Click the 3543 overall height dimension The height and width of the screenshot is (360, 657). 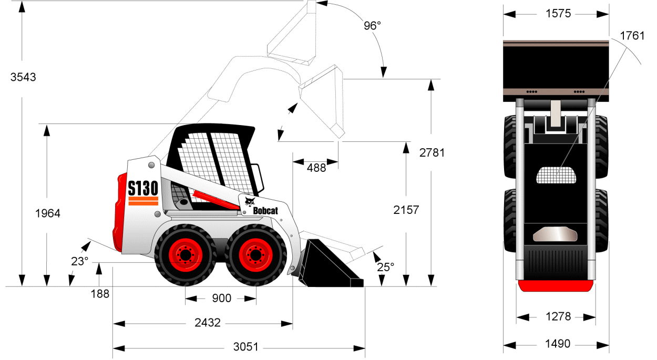click(23, 77)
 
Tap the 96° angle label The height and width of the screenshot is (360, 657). click(372, 26)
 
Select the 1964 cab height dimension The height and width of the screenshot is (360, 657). click(48, 213)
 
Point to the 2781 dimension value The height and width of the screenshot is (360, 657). click(432, 153)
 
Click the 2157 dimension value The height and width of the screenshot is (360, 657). click(406, 210)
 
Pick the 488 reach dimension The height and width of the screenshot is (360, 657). click(316, 168)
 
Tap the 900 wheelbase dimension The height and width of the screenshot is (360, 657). click(222, 299)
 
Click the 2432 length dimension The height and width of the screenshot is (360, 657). click(208, 323)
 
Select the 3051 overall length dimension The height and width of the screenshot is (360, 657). click(246, 347)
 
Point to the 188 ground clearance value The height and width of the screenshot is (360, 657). click(100, 294)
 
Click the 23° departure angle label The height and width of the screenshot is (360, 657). click(79, 262)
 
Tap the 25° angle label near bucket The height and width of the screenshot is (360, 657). click(385, 268)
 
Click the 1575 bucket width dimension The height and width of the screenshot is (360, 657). click(558, 14)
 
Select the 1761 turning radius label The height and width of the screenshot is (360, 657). click(632, 36)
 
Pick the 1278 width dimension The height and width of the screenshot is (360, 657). click(558, 316)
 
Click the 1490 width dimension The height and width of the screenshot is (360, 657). click(558, 344)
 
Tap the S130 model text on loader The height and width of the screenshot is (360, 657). click(143, 188)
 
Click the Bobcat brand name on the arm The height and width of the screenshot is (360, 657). click(265, 211)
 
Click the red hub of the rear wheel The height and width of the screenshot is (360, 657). click(186, 255)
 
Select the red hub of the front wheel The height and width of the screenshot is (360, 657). click(256, 255)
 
